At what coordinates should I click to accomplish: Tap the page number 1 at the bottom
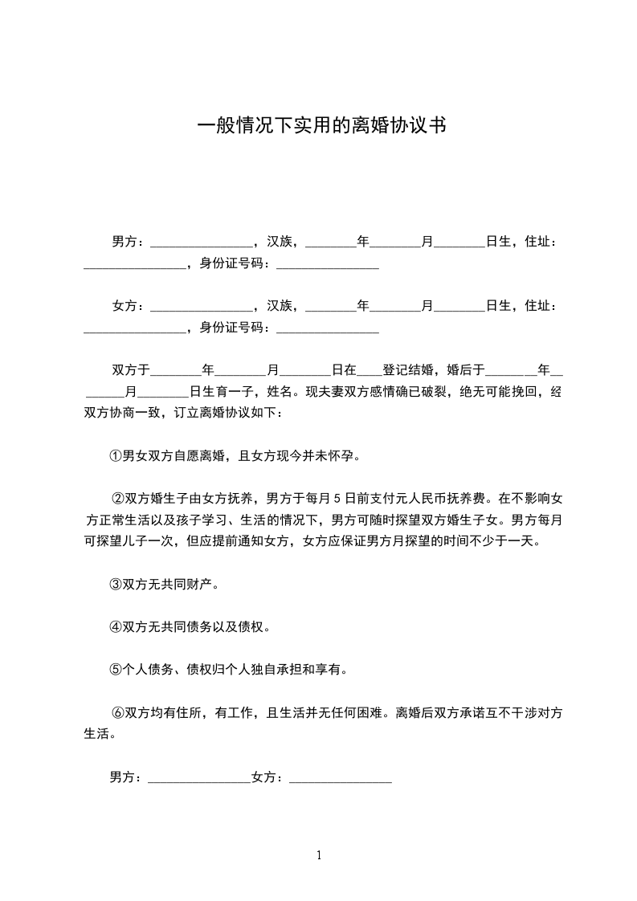pos(319,855)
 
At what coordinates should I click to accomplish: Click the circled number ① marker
pos(115,457)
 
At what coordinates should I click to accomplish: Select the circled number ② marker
pos(117,499)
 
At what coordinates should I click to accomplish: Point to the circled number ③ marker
pos(115,585)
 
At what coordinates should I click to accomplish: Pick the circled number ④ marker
pos(115,626)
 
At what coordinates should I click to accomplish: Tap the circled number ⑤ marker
pos(115,668)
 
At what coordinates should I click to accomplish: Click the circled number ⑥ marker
pos(117,712)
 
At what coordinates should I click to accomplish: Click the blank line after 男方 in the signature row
pos(199,777)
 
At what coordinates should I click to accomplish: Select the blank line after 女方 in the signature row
pos(340,777)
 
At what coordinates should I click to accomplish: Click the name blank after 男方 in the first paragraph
pos(202,242)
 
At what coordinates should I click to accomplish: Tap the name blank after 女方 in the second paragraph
pos(202,306)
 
